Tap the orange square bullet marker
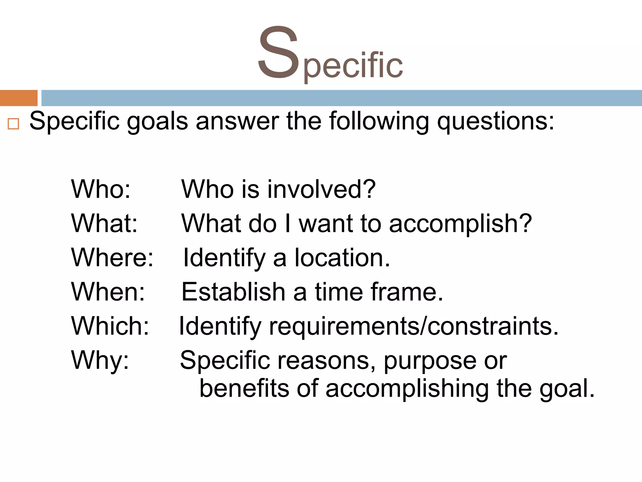[x=13, y=124]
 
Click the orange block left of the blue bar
[x=18, y=98]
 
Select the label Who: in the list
[x=101, y=189]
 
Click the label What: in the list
[x=104, y=223]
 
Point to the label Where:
[x=112, y=258]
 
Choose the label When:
[x=108, y=292]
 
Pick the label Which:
[x=110, y=326]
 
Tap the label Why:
[x=100, y=360]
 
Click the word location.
[x=342, y=258]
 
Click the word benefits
[x=244, y=388]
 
